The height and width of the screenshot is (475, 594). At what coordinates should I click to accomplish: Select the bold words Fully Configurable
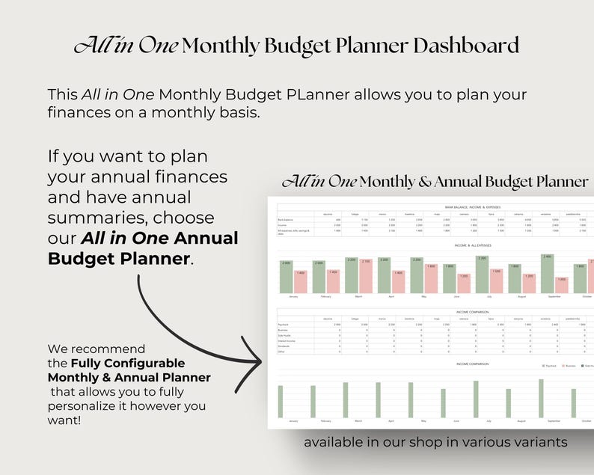click(128, 364)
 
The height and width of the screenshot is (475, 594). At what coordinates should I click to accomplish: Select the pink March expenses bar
click(365, 276)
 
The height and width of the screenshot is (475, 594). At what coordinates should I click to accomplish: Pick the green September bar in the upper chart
click(548, 274)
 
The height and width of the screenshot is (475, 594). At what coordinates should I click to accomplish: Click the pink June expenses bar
click(463, 284)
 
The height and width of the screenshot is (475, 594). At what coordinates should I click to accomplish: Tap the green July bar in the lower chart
click(476, 399)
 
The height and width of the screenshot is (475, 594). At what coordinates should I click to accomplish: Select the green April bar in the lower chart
click(378, 400)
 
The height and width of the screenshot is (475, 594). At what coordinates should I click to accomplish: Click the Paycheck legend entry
click(551, 367)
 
